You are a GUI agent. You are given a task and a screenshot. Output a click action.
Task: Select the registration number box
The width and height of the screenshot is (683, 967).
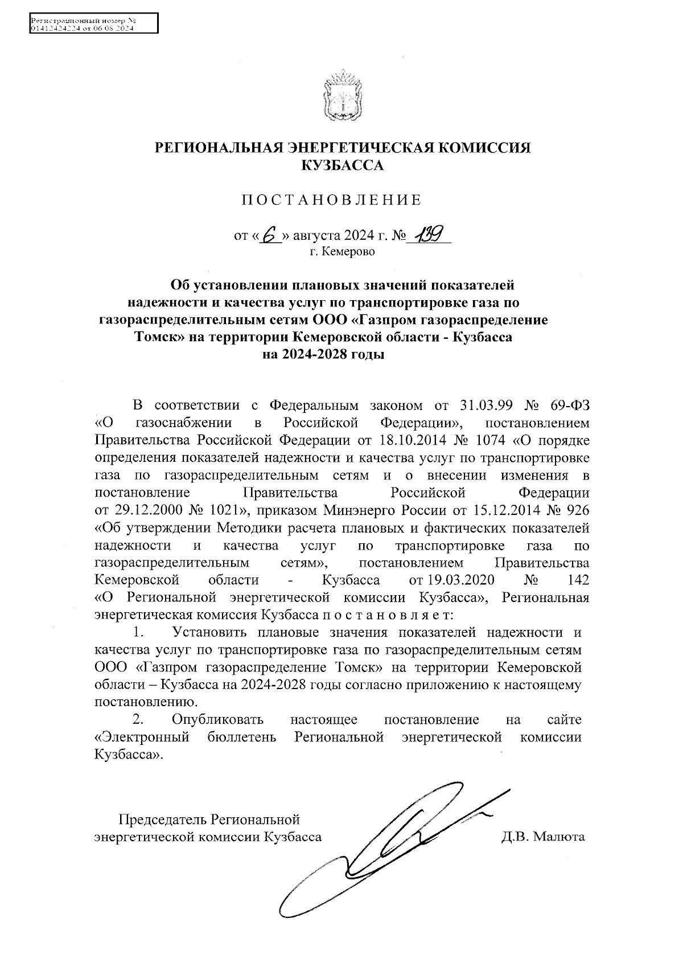click(93, 24)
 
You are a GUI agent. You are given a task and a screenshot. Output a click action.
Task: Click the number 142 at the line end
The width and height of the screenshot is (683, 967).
click(578, 580)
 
